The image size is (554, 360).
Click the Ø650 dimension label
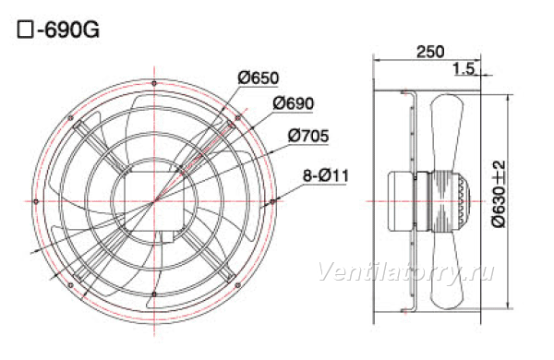(x=259, y=78)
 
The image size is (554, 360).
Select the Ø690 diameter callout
(x=294, y=103)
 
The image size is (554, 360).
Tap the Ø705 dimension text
(x=308, y=136)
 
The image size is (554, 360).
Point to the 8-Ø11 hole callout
(x=326, y=175)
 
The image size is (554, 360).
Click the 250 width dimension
(x=430, y=52)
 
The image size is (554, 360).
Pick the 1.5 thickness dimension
(x=464, y=68)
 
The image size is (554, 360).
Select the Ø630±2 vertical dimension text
(x=499, y=194)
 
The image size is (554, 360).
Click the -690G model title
(x=68, y=30)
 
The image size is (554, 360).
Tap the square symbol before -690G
(x=25, y=30)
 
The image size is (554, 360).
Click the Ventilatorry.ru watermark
(x=406, y=272)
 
